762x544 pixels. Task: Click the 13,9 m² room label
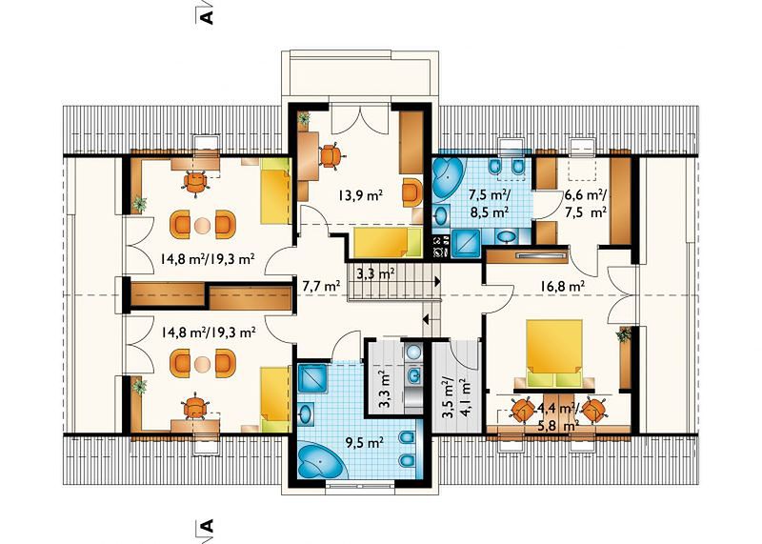(360, 195)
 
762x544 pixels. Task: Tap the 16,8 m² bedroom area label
(562, 287)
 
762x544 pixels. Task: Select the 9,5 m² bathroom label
(364, 442)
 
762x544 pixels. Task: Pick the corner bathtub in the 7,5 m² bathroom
(448, 179)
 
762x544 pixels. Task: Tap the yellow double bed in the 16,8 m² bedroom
(555, 353)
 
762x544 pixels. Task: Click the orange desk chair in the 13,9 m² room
(331, 155)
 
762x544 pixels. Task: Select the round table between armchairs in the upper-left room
(202, 225)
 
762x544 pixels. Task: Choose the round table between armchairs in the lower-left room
(202, 364)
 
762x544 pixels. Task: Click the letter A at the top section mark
(207, 15)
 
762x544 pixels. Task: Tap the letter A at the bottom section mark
(207, 527)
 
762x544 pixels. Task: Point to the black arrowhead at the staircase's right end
(437, 281)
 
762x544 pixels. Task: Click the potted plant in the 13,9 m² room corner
(304, 118)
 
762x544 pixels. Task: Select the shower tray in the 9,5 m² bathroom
(312, 377)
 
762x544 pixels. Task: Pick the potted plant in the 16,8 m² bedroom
(624, 335)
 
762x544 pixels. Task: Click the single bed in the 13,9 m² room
(387, 242)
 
